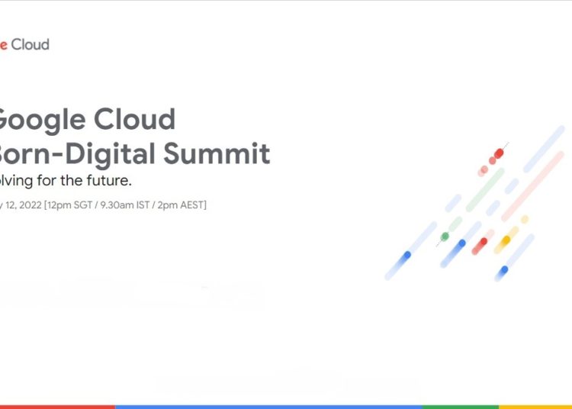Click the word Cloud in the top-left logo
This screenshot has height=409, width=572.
click(x=31, y=44)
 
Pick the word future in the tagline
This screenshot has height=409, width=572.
click(x=109, y=181)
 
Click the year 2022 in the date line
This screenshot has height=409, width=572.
click(x=27, y=204)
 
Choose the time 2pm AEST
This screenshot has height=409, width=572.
click(x=184, y=204)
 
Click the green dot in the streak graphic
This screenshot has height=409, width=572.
click(x=445, y=237)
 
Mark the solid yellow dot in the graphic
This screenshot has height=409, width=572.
click(x=505, y=240)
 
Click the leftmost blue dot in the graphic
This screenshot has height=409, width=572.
click(x=407, y=255)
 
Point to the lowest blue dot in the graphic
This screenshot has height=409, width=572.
click(x=503, y=270)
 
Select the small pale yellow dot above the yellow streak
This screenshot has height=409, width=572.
click(x=525, y=220)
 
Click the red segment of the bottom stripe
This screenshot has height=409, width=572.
click(x=57, y=407)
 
